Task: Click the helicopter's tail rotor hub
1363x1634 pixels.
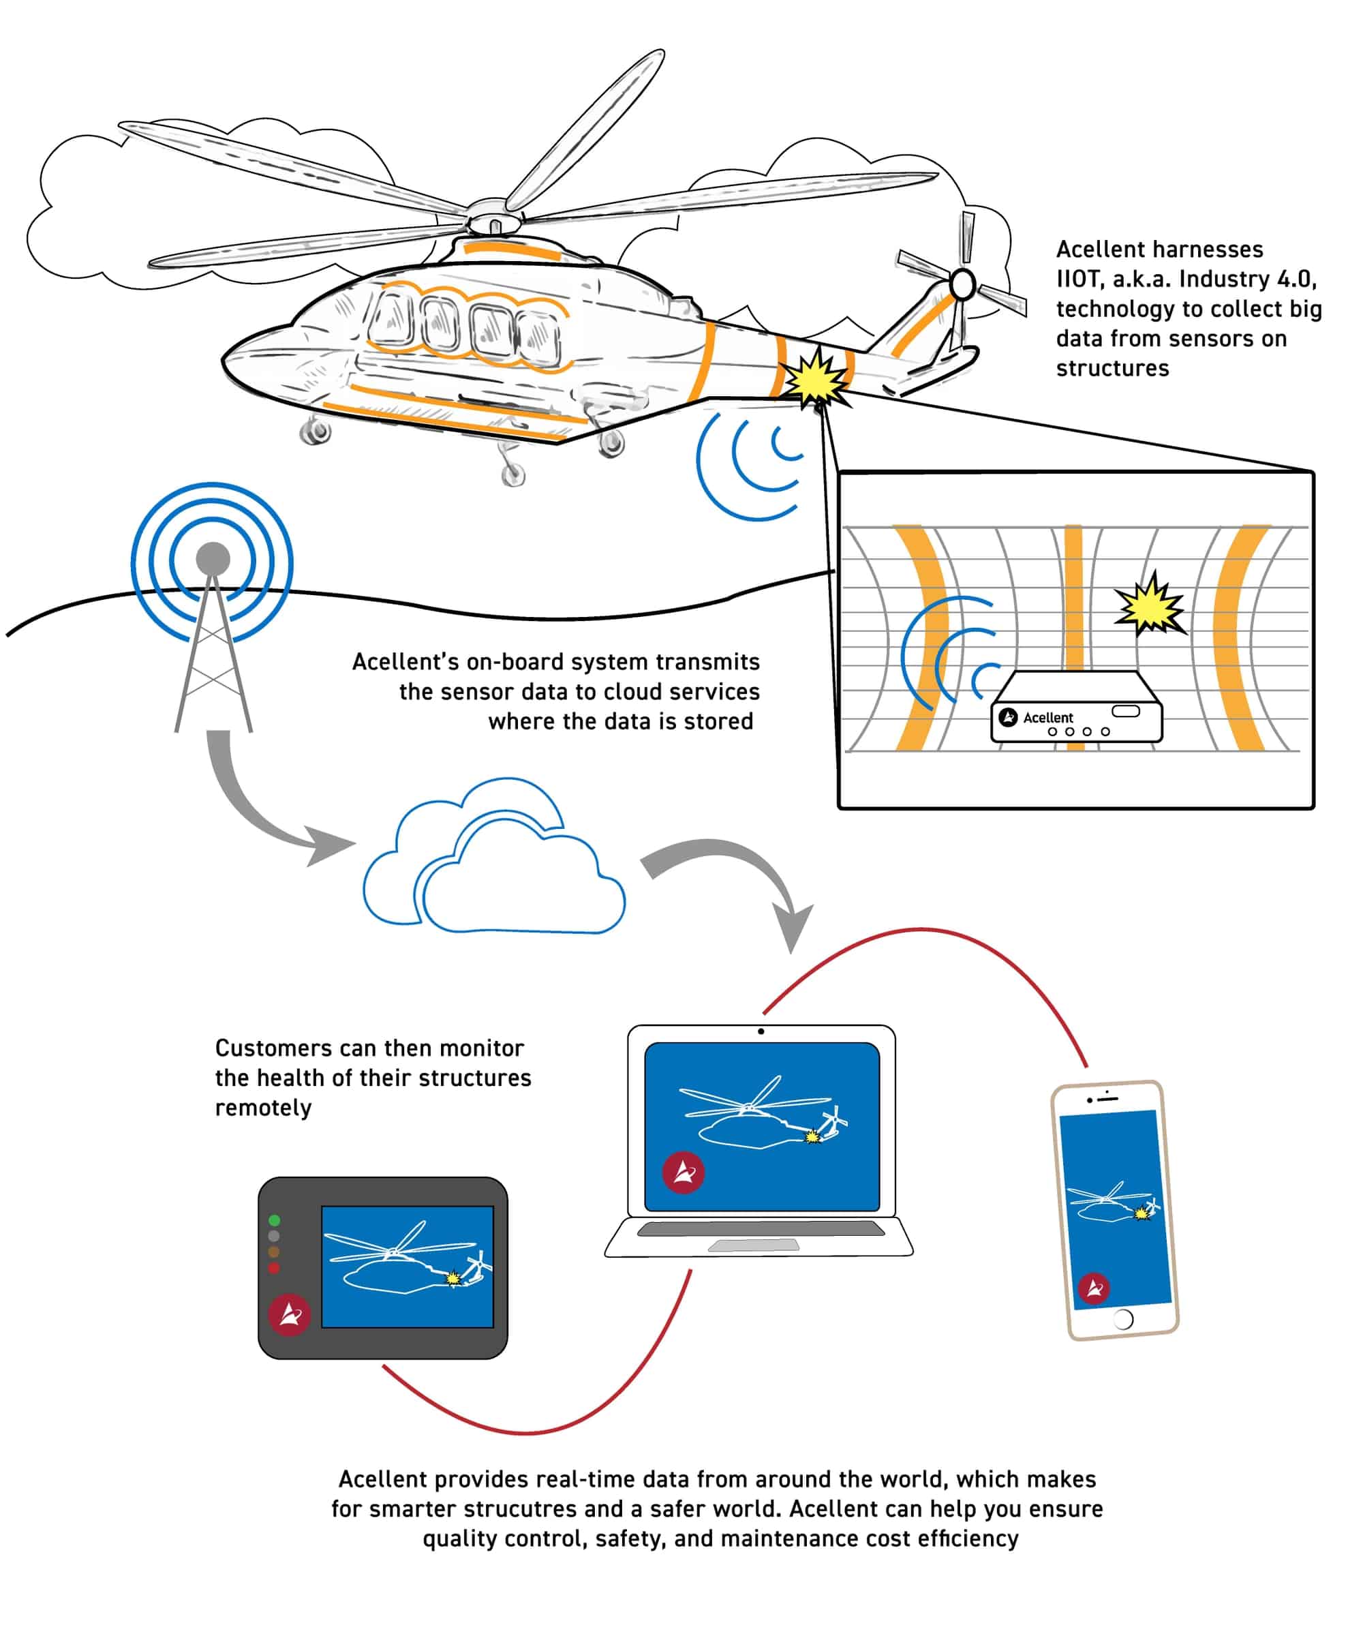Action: [x=962, y=285]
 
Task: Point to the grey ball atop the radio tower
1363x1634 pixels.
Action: [x=213, y=559]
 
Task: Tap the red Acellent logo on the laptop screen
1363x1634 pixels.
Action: [x=683, y=1172]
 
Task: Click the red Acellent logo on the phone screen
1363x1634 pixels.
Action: [x=1094, y=1288]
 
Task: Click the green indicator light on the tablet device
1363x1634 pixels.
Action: [x=274, y=1221]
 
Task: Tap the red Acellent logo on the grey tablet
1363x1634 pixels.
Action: [x=290, y=1315]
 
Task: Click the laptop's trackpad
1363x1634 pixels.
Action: [x=753, y=1245]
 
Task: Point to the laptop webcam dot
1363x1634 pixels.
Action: [x=761, y=1032]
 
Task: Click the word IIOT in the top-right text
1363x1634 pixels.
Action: [x=1077, y=279]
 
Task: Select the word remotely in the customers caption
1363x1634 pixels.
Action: [x=263, y=1108]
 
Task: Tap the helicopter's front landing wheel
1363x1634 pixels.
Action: [x=315, y=431]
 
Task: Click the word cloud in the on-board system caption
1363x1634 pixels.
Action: [x=666, y=692]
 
